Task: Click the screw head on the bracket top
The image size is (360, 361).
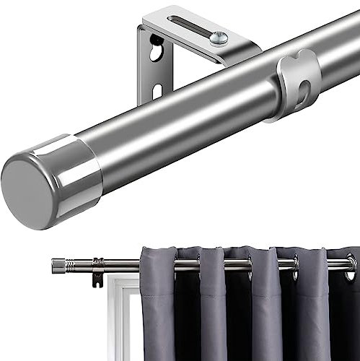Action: point(219,38)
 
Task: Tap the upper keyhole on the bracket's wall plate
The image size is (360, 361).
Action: point(155,51)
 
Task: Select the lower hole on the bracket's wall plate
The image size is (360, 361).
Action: point(158,91)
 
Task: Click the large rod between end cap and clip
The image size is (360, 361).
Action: point(180,123)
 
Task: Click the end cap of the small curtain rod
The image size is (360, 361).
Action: point(58,266)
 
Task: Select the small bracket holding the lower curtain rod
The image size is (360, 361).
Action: point(97,271)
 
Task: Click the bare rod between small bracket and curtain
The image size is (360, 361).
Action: point(123,265)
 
